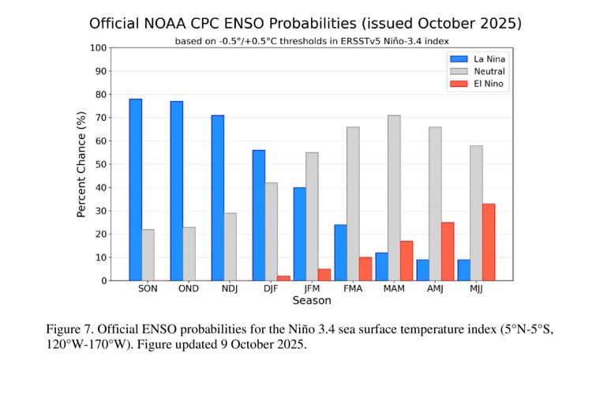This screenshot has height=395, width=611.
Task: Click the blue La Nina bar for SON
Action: [136, 190]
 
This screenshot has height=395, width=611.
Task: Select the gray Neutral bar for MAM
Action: [394, 197]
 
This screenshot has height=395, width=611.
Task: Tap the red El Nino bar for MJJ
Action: [489, 242]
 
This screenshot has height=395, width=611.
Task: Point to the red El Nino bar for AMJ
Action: [448, 251]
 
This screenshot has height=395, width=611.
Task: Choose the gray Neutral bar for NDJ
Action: [230, 246]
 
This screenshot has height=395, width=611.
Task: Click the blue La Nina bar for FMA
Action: [340, 252]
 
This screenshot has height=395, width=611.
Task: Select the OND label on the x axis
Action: [189, 289]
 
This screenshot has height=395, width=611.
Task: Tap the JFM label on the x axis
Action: [312, 289]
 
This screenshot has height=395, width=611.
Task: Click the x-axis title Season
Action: [312, 301]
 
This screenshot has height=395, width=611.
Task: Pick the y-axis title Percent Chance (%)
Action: [81, 164]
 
